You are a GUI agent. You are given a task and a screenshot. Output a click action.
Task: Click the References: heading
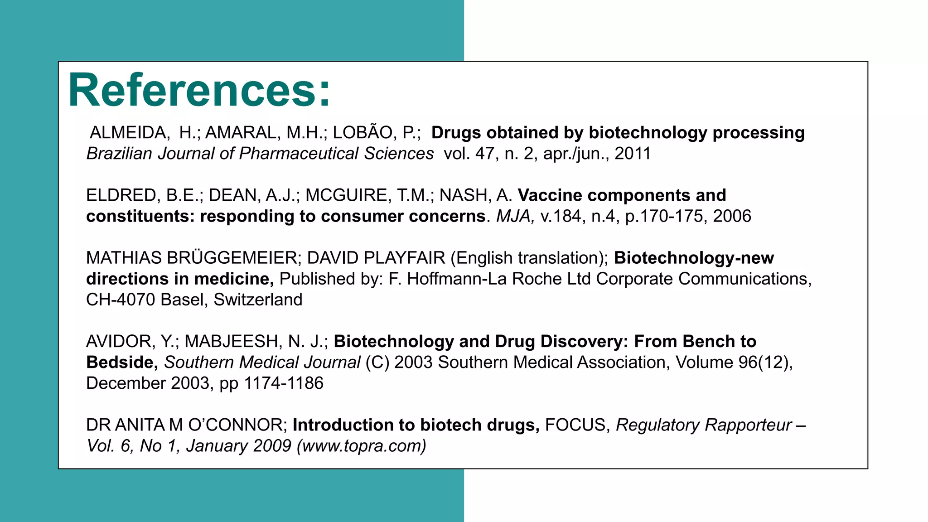pos(199,91)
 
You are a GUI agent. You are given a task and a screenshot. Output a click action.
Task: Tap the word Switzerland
pos(258,300)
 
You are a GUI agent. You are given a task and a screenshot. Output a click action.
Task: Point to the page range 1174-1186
pos(284,383)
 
